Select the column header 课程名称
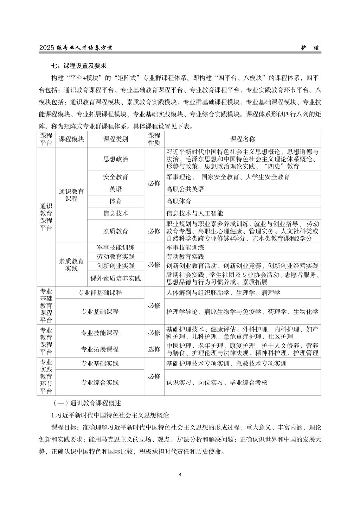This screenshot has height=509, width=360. [243, 139]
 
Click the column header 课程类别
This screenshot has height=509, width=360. [115, 139]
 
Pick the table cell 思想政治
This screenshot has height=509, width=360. [115, 159]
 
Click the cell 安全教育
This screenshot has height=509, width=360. [115, 177]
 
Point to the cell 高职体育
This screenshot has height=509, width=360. [179, 201]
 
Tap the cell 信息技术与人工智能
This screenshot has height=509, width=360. [194, 213]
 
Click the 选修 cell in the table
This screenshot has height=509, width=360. [154, 349]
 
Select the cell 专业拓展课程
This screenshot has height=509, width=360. [100, 349]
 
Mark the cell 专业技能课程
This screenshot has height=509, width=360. [100, 333]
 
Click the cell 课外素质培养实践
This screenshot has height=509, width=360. [115, 278]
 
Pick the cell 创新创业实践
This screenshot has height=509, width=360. [115, 266]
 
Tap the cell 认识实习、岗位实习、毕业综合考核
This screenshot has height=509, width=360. [217, 382]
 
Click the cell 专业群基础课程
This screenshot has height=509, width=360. [100, 292]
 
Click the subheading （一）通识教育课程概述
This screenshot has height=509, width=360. [87, 403]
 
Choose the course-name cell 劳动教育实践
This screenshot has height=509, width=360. [185, 257]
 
